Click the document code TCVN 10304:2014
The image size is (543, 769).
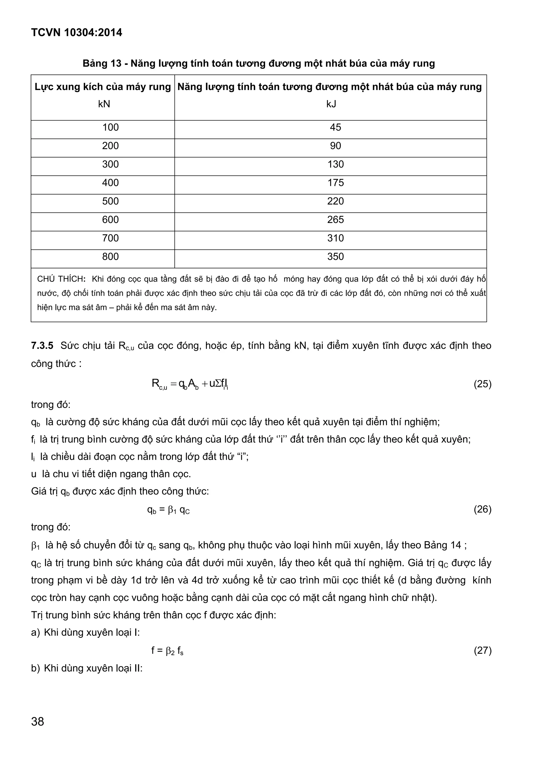[77, 32]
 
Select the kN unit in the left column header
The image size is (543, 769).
[104, 104]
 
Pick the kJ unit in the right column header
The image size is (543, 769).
[331, 104]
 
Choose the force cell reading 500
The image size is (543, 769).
[110, 201]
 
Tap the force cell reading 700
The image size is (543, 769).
[110, 238]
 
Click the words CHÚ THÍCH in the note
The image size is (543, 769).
[61, 279]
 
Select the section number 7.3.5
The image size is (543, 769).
[42, 346]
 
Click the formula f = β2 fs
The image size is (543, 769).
[167, 651]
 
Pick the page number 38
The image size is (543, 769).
[37, 722]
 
